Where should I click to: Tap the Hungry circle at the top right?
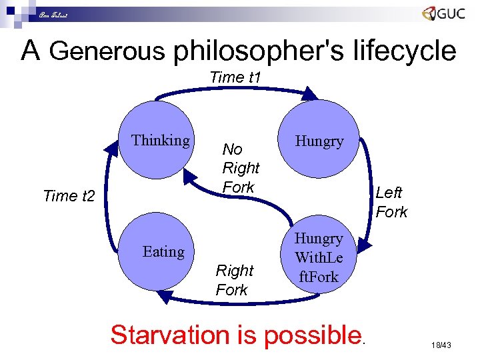click(319, 141)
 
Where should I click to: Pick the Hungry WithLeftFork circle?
click(319, 256)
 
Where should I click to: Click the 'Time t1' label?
click(235, 77)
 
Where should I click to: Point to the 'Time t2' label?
click(69, 196)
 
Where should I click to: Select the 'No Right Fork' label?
click(240, 168)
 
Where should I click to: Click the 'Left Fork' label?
click(391, 202)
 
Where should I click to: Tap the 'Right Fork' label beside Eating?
click(234, 280)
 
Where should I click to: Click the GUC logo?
click(443, 15)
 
